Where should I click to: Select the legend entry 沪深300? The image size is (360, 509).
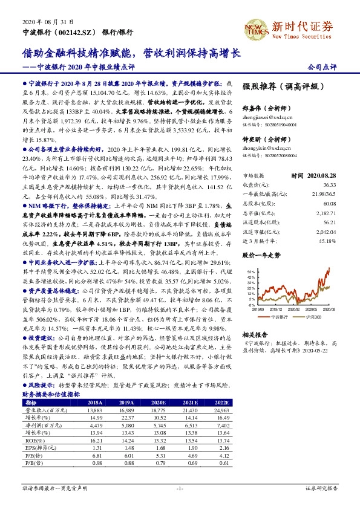coord(311,317)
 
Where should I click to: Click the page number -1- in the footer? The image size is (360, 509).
coord(180,487)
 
